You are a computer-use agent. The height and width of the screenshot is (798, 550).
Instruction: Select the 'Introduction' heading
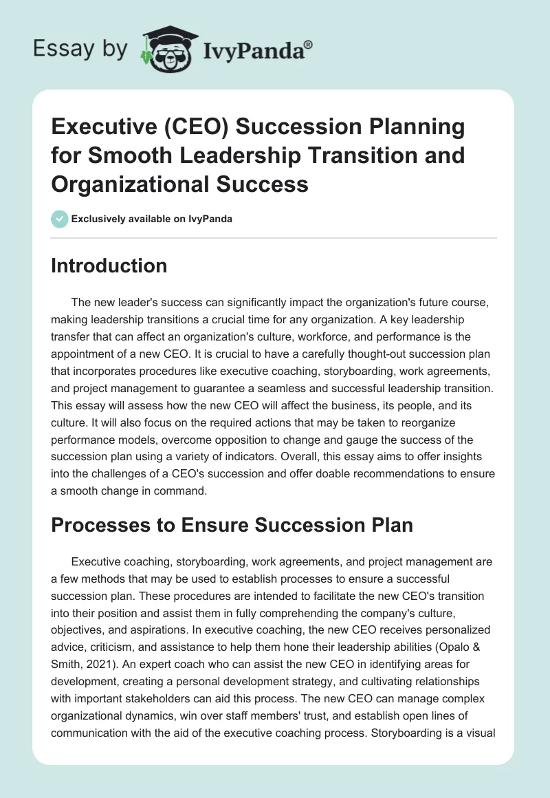coord(109,266)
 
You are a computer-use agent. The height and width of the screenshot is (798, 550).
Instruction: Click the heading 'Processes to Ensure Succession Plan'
coord(232,524)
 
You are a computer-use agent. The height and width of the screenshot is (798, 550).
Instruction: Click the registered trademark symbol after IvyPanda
coord(309,44)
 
